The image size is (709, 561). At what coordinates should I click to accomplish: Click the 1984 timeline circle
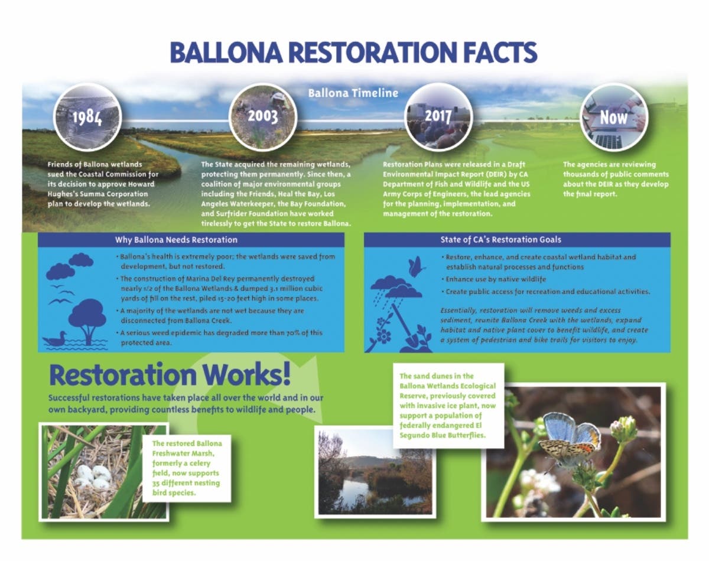point(87,116)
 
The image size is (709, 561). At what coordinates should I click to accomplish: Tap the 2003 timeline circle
point(262,116)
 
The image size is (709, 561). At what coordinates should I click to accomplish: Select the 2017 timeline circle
point(438,116)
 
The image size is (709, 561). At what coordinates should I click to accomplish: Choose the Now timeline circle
point(614,116)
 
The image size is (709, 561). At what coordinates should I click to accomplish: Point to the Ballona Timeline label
point(353,93)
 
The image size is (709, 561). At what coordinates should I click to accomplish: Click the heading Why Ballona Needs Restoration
point(176,240)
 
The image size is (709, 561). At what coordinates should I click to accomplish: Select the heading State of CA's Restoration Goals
point(500,240)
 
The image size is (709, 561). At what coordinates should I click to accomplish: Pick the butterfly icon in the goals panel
point(417,267)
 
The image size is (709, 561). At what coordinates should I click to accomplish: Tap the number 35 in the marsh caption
point(157,483)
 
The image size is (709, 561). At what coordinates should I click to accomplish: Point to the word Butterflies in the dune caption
point(464,435)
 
